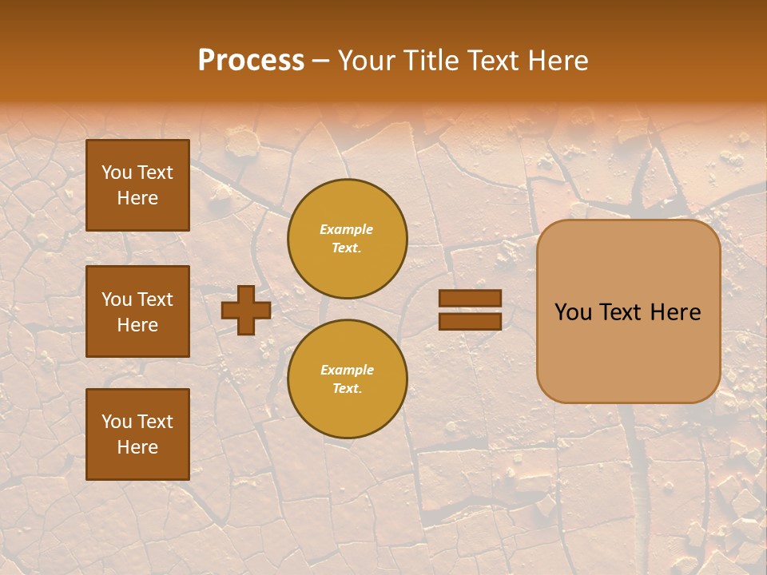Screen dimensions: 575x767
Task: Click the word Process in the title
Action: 251,61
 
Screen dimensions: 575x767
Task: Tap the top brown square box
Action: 137,185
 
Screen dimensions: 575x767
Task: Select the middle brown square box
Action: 137,311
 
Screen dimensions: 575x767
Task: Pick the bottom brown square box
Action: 137,434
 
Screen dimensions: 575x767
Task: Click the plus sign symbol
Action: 246,310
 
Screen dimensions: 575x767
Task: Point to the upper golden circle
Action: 348,239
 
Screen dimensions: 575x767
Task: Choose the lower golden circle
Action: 348,379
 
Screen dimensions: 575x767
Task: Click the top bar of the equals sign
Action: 470,298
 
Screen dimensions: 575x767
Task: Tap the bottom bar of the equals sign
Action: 470,321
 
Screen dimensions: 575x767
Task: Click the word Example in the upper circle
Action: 347,229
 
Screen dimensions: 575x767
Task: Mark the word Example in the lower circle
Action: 347,370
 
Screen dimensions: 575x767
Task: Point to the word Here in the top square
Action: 137,198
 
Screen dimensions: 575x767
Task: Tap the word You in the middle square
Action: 117,299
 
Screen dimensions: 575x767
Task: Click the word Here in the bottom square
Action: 137,447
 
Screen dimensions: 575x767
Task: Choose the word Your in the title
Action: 366,61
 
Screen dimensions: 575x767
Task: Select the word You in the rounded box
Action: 573,312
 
